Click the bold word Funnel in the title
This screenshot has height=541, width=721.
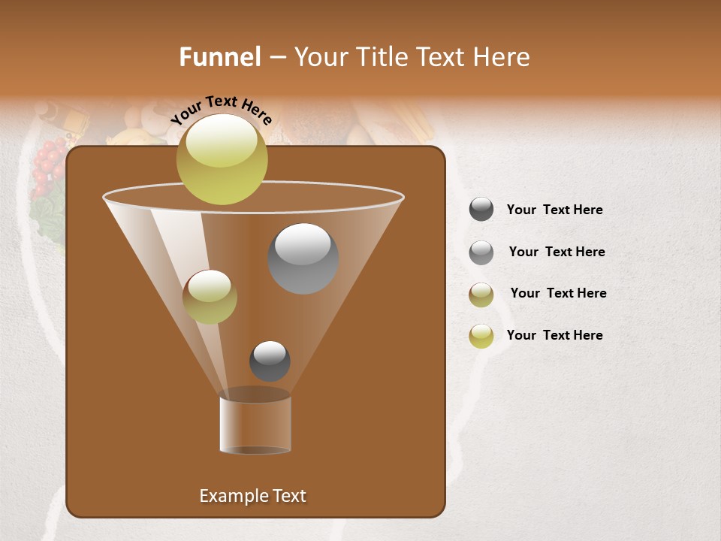pyautogui.click(x=219, y=57)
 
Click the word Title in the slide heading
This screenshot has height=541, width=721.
pyautogui.click(x=381, y=57)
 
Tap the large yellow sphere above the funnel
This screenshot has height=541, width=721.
pyautogui.click(x=222, y=159)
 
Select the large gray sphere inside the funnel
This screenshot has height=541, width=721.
pyautogui.click(x=303, y=258)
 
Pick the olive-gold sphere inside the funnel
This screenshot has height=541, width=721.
pyautogui.click(x=210, y=297)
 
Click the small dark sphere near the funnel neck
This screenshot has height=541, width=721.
pyautogui.click(x=270, y=361)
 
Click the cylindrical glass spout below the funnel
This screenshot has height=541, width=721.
pyautogui.click(x=255, y=425)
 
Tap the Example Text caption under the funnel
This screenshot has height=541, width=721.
pyautogui.click(x=252, y=496)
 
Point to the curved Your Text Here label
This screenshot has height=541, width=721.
pyautogui.click(x=222, y=110)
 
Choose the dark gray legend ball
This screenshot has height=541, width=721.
pyautogui.click(x=481, y=210)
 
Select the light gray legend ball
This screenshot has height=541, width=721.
pyautogui.click(x=481, y=252)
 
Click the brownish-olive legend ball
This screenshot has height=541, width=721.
pyautogui.click(x=481, y=295)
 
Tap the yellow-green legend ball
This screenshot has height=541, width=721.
pyautogui.click(x=481, y=336)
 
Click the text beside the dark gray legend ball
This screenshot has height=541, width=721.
pyautogui.click(x=554, y=210)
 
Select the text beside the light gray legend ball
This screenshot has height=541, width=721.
pyautogui.click(x=557, y=252)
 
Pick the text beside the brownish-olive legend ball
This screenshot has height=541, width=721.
pyautogui.click(x=558, y=294)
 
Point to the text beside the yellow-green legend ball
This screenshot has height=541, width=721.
pyautogui.click(x=554, y=336)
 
